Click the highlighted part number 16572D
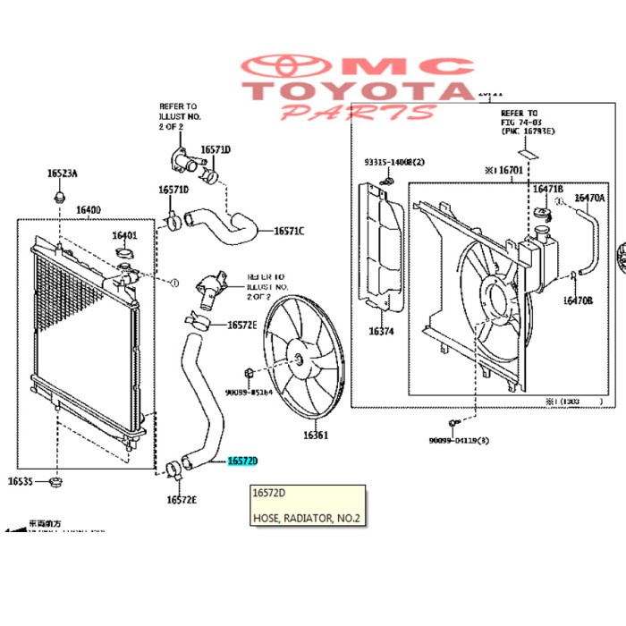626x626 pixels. [x=241, y=461]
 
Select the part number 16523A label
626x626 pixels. [x=62, y=173]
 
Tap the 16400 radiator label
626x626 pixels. [x=88, y=210]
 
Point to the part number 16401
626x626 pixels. [x=124, y=236]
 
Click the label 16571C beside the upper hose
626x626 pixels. [x=288, y=232]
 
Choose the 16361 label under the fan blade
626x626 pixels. [x=316, y=436]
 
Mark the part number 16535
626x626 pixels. [x=21, y=482]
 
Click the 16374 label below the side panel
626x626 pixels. [x=378, y=331]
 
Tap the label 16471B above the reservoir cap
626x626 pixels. [x=548, y=190]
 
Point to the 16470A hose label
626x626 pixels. [x=589, y=198]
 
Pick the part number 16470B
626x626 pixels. [x=578, y=300]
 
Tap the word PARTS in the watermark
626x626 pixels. [x=359, y=113]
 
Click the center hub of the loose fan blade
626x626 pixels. [x=296, y=359]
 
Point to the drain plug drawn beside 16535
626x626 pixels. [x=55, y=483]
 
